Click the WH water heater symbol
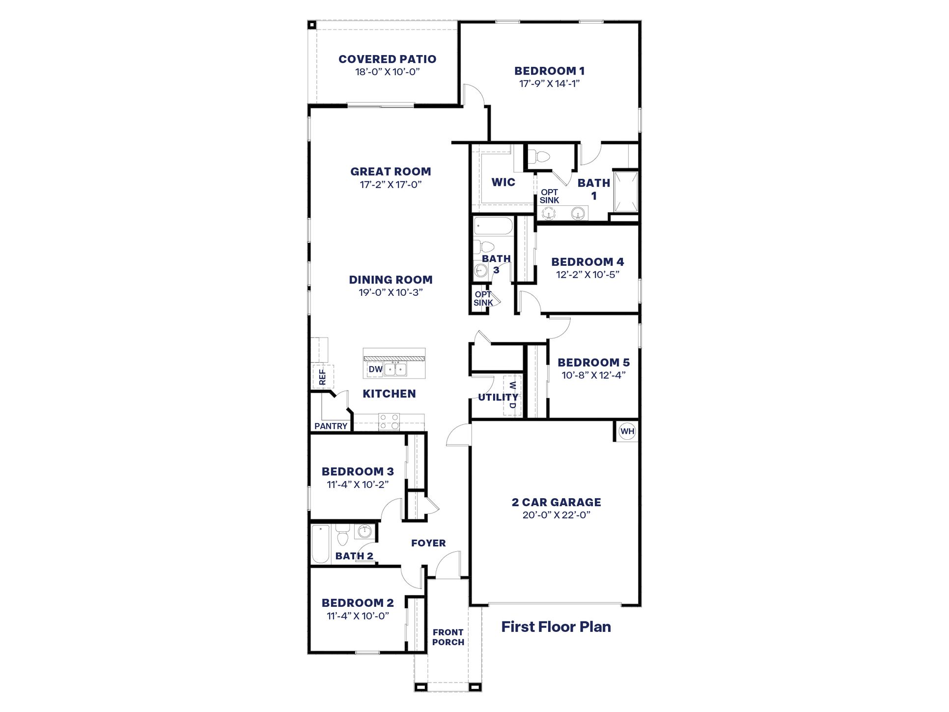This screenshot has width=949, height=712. click(x=627, y=432)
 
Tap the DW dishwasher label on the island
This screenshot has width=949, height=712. click(x=375, y=370)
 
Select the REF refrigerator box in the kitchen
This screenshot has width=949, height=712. click(x=322, y=377)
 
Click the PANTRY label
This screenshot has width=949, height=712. click(x=331, y=427)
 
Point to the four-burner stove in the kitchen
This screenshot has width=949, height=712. click(x=389, y=422)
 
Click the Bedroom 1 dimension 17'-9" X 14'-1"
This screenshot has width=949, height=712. click(x=549, y=84)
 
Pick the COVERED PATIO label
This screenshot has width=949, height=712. click(x=387, y=59)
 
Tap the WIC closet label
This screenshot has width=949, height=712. click(x=503, y=182)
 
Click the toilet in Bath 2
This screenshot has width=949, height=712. click(x=342, y=536)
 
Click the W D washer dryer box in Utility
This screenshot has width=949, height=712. click(x=512, y=395)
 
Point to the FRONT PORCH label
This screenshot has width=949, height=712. click(x=448, y=637)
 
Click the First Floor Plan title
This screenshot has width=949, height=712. click(x=556, y=627)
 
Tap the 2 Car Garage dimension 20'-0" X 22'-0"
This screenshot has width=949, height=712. click(x=556, y=515)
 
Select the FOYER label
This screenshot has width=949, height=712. click(x=428, y=543)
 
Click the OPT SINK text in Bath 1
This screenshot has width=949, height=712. click(x=549, y=196)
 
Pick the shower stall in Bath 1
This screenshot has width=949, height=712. click(x=625, y=192)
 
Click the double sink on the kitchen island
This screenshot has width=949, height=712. click(x=395, y=369)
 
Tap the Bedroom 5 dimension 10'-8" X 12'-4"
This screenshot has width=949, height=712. click(x=593, y=375)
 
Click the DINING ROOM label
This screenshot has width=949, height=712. click(x=391, y=280)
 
